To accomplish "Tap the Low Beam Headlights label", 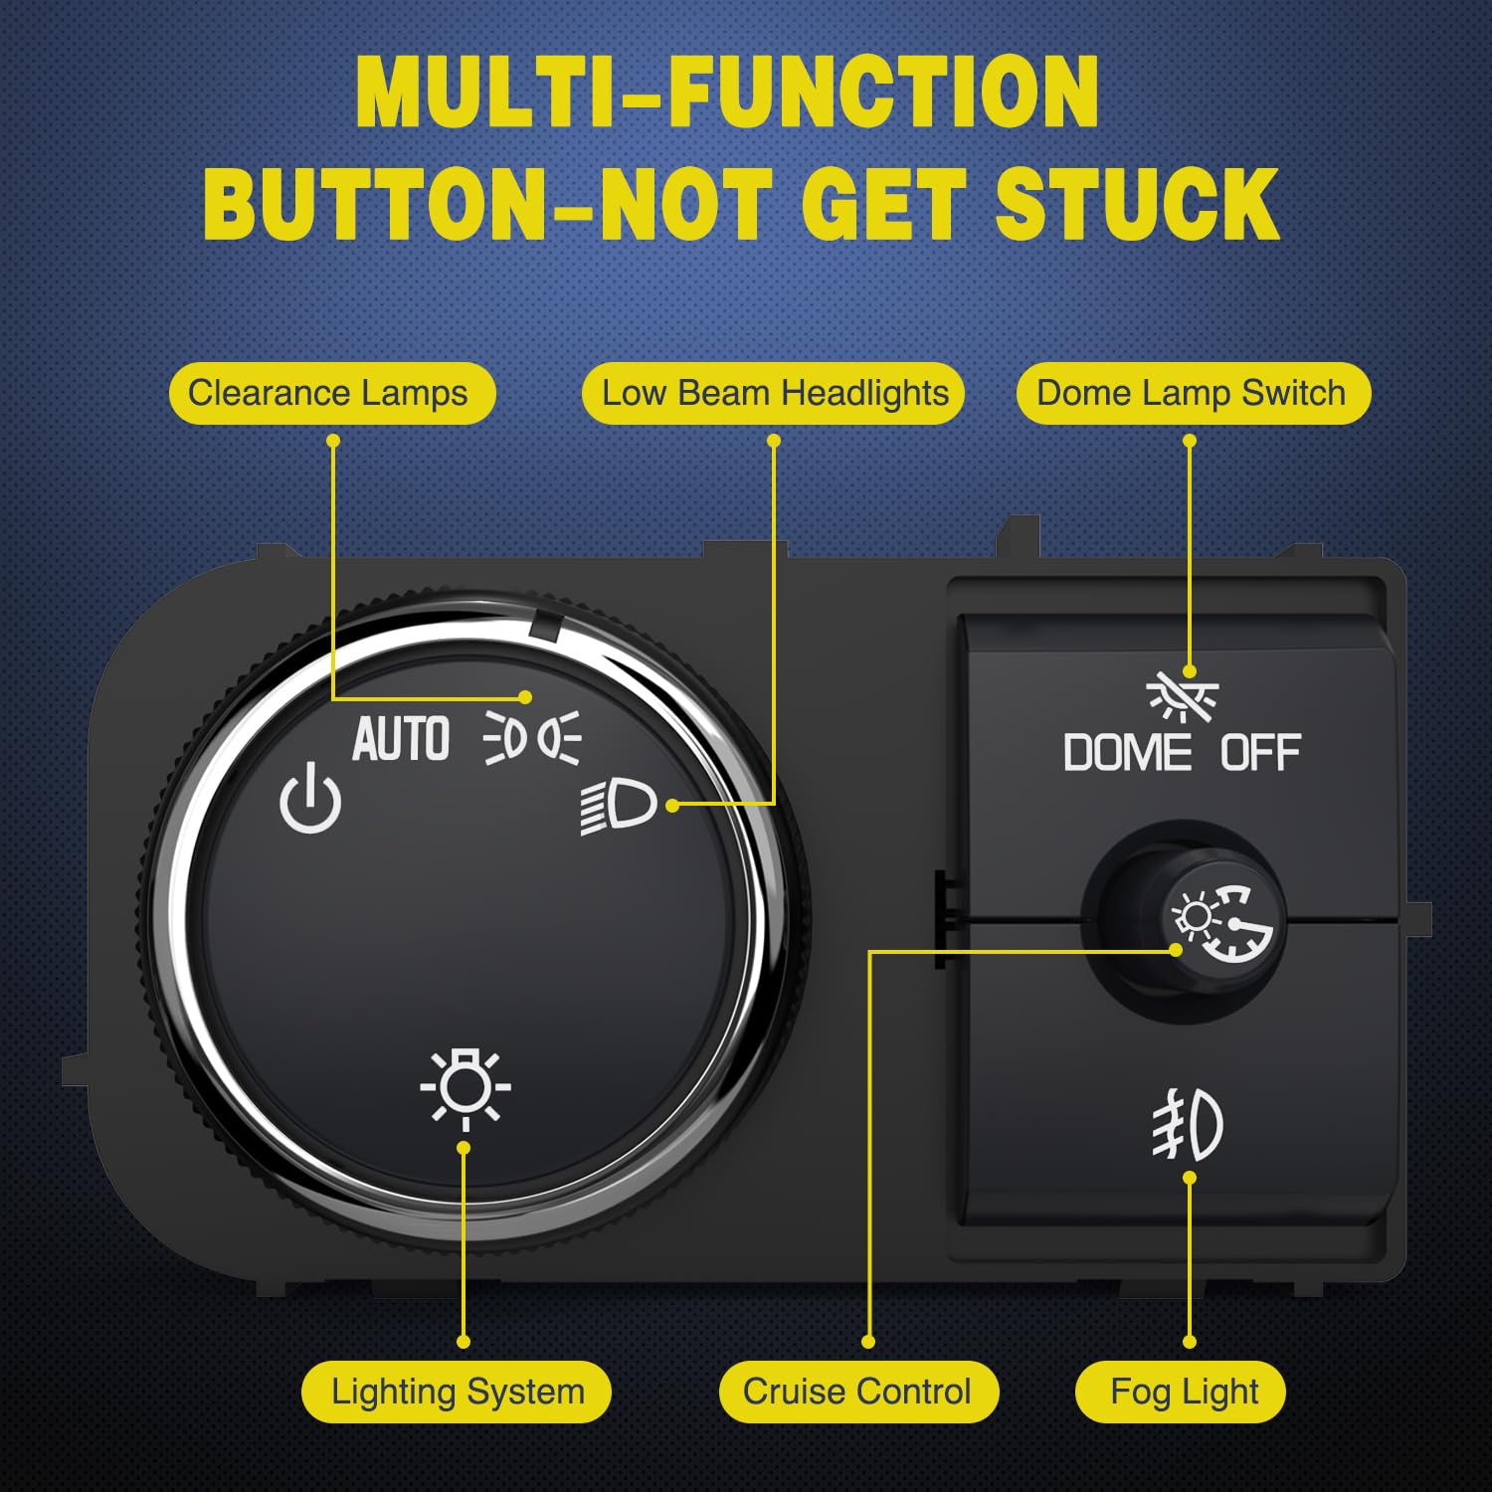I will click(x=774, y=394).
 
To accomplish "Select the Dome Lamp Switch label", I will click(x=1192, y=394).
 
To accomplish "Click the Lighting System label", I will click(x=458, y=1392).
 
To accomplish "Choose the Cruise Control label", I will click(x=857, y=1392).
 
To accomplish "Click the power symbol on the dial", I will click(x=310, y=798).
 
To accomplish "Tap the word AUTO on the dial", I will click(x=401, y=740).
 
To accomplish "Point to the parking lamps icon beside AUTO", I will click(x=532, y=739).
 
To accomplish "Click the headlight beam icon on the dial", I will click(x=619, y=805).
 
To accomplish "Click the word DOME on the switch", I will click(x=1127, y=753).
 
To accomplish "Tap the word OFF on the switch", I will click(x=1260, y=753).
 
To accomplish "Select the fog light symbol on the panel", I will click(x=1188, y=1125).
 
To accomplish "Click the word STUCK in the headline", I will click(x=1137, y=204).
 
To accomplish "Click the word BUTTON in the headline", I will click(x=375, y=204).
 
